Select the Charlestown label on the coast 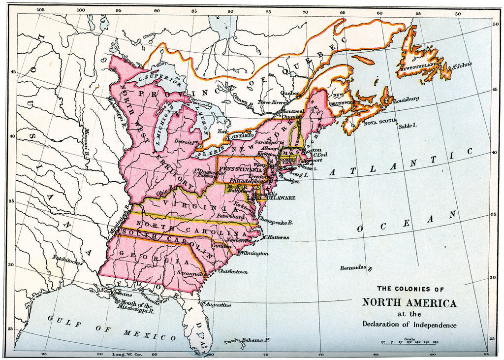(232, 271)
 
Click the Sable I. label (408, 126)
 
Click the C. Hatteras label (276, 237)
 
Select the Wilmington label (254, 253)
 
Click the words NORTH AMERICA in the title (409, 302)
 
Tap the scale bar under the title (409, 342)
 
